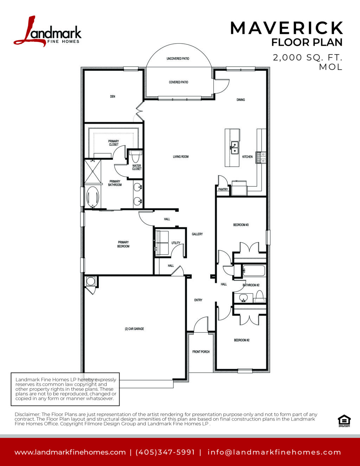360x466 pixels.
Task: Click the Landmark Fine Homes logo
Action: (47, 31)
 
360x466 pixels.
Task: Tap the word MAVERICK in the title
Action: (287, 28)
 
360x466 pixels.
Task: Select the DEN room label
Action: (112, 96)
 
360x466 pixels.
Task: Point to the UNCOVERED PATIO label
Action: (178, 58)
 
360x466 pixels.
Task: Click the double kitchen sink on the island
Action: (234, 148)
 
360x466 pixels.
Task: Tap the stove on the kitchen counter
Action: (261, 158)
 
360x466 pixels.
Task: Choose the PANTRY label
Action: (223, 189)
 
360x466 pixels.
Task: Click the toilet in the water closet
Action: (135, 157)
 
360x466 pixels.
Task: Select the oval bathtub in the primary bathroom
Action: (92, 197)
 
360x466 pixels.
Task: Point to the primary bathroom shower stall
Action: (93, 171)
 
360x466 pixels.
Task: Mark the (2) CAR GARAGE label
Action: (134, 329)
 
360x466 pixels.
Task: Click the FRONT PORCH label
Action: (201, 352)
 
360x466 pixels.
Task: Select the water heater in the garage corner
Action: (91, 281)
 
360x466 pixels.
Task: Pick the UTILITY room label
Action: (176, 243)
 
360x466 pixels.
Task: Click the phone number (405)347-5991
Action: (165, 452)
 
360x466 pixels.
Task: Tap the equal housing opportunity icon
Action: (344, 421)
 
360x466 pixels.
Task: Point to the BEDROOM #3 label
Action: (241, 225)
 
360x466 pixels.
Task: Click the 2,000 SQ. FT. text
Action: (307, 57)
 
